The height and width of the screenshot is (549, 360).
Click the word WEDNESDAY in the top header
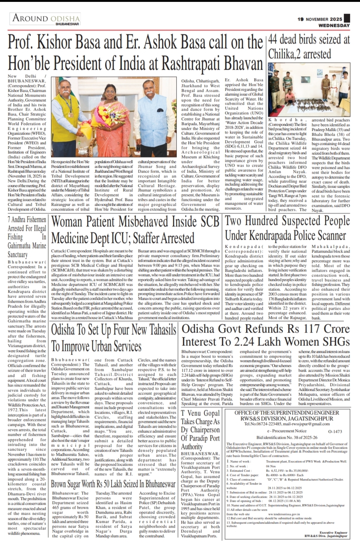tap(335, 25)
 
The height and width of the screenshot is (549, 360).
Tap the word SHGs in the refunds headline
tap(336, 341)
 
